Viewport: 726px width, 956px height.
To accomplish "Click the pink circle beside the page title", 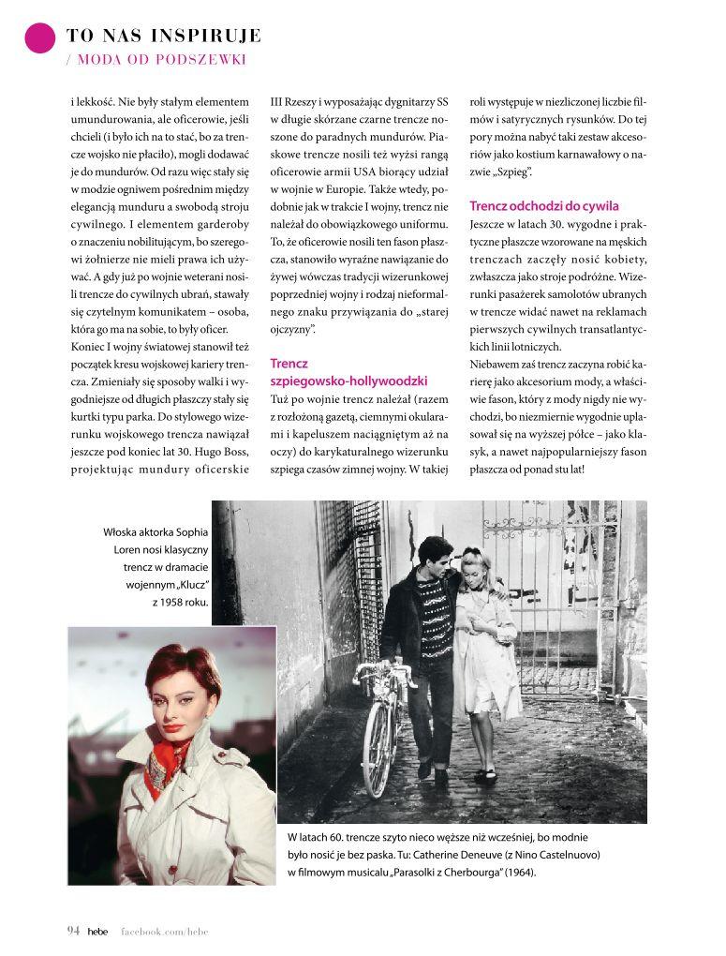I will [40, 37].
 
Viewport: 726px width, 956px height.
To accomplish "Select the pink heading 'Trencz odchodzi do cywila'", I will [543, 206].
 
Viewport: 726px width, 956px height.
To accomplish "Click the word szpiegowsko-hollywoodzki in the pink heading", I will [348, 381].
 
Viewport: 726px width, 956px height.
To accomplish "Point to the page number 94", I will [73, 931].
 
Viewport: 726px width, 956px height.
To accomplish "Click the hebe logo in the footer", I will [97, 931].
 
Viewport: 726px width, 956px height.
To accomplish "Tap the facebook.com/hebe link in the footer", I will [164, 931].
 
